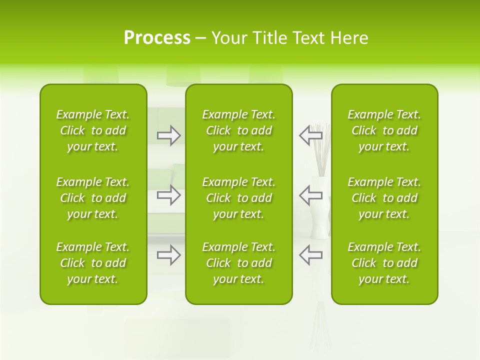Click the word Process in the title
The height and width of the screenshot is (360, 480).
tap(157, 38)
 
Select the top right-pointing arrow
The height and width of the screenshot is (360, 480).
tap(169, 135)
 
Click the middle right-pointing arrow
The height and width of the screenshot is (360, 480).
tap(169, 195)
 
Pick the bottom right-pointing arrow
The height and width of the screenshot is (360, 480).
tap(169, 255)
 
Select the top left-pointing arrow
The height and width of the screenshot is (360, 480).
tap(310, 135)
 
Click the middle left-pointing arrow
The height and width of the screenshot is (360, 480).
tap(310, 195)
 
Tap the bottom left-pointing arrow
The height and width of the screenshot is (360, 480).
tap(310, 255)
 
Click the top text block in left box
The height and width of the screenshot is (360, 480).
tap(93, 130)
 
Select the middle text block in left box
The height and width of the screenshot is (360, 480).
tap(93, 198)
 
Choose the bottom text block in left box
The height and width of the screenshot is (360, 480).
tap(93, 263)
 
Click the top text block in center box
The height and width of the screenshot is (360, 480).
tap(238, 130)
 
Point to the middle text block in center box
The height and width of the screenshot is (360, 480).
tap(238, 198)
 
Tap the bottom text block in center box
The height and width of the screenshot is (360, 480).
tap(238, 263)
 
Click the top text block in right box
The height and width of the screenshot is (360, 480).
tap(384, 130)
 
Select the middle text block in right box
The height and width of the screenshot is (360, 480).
tap(384, 198)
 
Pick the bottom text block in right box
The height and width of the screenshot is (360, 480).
tap(384, 263)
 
